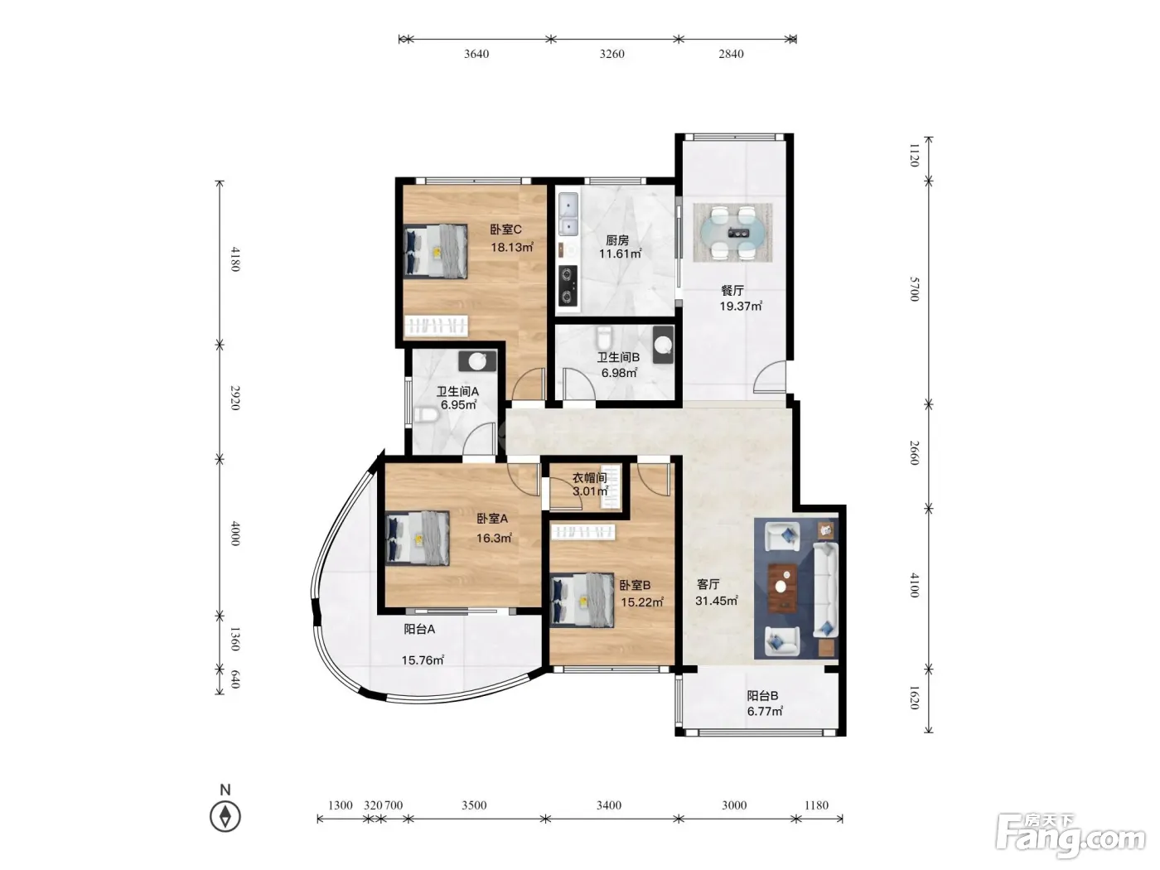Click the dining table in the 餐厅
coord(732,233)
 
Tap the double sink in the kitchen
coord(568,214)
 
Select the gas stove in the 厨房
coord(568,285)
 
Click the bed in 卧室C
coord(436,251)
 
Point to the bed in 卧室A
coord(418,539)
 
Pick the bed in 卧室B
coord(582,601)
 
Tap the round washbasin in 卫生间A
coord(477,361)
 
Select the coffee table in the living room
coord(783,587)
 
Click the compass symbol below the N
coord(225,816)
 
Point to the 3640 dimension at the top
coord(476,54)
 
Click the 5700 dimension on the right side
coord(914,289)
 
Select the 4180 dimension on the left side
coord(235,259)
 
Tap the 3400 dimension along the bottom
coord(609,805)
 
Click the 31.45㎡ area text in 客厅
coord(717,601)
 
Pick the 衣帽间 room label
coord(589,478)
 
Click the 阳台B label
coord(762,696)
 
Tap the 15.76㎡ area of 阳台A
coord(423,660)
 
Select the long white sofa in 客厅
coord(825,588)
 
